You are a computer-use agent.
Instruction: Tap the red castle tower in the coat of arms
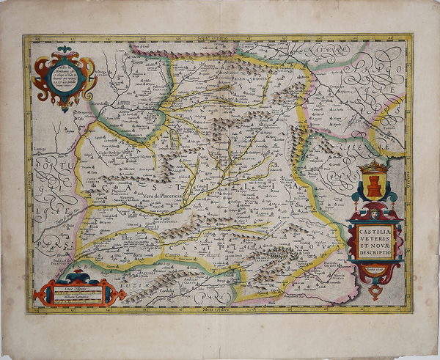pyautogui.click(x=374, y=186)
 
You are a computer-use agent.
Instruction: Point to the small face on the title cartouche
pyautogui.click(x=375, y=216)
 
